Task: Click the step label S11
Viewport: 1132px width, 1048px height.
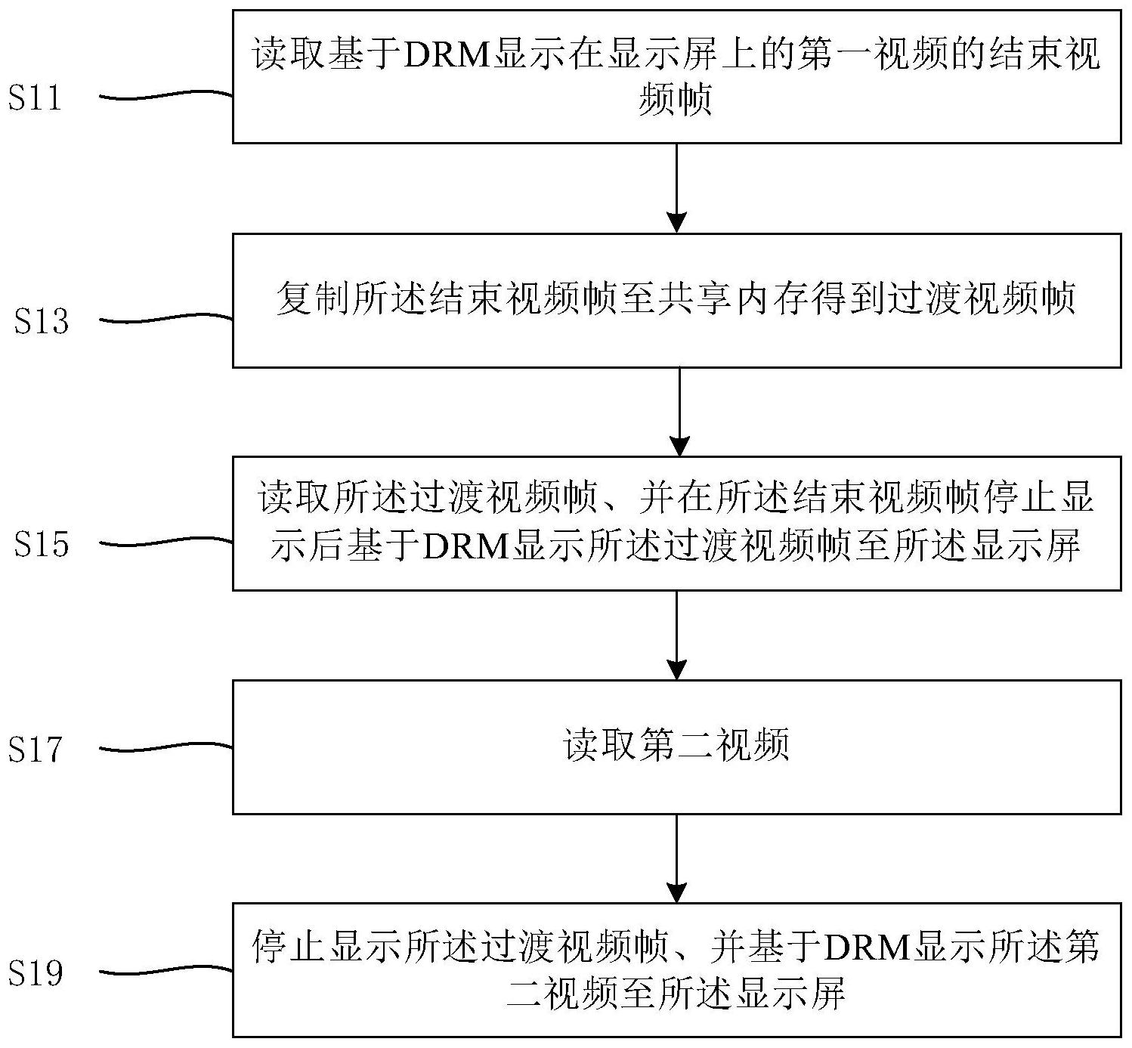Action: pos(35,98)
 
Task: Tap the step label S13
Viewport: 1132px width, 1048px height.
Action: pos(42,322)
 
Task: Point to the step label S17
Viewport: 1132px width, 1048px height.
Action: pos(35,750)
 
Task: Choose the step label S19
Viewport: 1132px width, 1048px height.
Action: pos(35,972)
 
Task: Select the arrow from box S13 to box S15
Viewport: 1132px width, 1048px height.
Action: pos(680,411)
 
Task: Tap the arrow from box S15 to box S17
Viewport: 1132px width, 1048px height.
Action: pos(677,635)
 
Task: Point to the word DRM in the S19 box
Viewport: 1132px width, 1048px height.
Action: pos(867,948)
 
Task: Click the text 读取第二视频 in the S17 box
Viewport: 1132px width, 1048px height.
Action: pos(676,746)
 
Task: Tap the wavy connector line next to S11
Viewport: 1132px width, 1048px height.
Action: pos(166,95)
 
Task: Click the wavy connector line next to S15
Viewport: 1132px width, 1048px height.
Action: pos(166,543)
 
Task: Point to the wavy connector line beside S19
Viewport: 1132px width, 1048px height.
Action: pos(166,970)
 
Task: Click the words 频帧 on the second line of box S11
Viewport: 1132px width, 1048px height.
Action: pos(676,99)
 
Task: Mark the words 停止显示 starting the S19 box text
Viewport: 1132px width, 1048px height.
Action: pos(326,948)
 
